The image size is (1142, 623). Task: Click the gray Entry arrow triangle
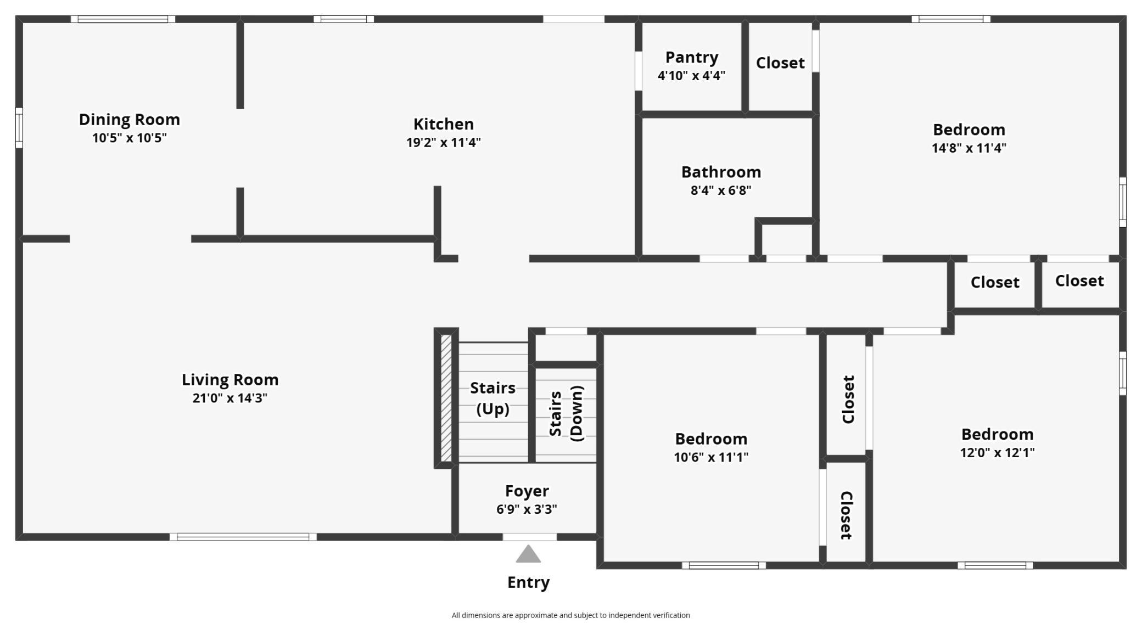click(528, 555)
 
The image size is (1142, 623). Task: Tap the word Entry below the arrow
click(528, 582)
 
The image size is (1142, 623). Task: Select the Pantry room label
click(691, 57)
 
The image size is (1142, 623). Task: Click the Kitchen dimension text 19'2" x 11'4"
click(443, 143)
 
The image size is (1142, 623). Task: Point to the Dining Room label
click(129, 119)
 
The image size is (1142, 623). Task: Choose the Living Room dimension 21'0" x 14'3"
click(229, 398)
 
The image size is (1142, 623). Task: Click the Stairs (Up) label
click(492, 398)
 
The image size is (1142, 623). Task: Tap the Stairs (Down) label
click(566, 413)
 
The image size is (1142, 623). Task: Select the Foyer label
click(527, 491)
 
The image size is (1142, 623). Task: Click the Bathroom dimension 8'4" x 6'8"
click(720, 190)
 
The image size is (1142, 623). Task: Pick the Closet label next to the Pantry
click(780, 63)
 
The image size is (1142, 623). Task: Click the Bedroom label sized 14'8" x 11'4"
click(969, 130)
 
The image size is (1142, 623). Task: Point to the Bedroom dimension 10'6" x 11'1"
click(710, 457)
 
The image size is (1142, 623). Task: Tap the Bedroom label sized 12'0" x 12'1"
click(997, 434)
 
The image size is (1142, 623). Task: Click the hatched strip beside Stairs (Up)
click(446, 398)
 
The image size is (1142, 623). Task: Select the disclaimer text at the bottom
click(570, 615)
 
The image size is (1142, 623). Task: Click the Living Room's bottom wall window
click(243, 537)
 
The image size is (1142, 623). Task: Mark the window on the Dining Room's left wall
click(19, 127)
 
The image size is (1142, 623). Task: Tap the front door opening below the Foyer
click(529, 537)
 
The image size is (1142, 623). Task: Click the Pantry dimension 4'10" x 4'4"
click(691, 76)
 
